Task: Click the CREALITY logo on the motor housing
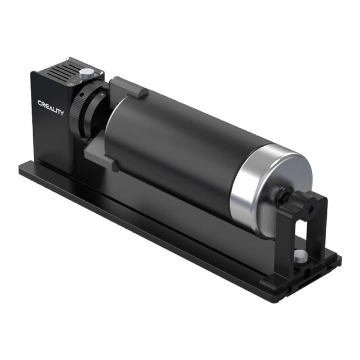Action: [51, 107]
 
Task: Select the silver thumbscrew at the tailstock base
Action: [301, 256]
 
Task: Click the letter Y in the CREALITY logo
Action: [61, 112]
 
